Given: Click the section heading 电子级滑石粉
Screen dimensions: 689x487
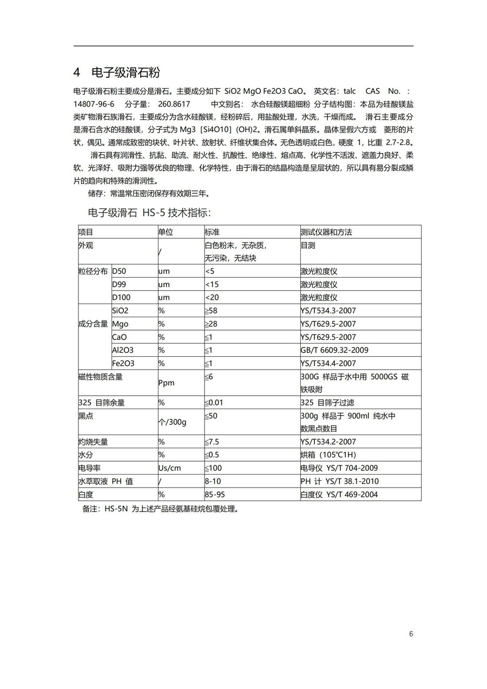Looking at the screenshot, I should tap(126, 73).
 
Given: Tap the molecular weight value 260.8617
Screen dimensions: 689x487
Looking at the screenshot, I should tap(174, 104).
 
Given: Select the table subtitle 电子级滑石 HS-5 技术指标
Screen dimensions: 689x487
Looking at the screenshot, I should tap(153, 212).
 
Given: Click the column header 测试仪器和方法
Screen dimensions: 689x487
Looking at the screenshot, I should tap(326, 232).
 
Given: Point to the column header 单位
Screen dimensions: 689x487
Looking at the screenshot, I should tap(166, 232).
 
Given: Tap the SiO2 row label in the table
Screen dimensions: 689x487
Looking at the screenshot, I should tap(120, 311).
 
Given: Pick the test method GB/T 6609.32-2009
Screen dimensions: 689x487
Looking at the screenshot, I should tap(334, 350).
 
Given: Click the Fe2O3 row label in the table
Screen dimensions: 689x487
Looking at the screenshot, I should tap(123, 363).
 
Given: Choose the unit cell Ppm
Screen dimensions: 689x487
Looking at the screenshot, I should tap(166, 383).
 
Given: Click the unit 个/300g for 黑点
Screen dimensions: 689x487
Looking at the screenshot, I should tap(172, 422).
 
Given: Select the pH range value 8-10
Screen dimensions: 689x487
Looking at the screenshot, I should tap(213, 481).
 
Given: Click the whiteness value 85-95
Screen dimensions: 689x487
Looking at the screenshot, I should tap(215, 494).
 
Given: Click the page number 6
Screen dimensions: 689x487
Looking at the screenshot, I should tap(411, 634).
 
